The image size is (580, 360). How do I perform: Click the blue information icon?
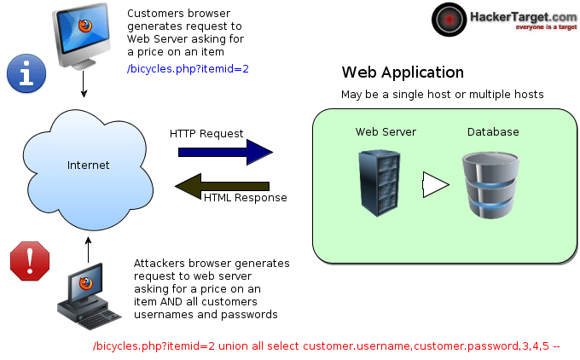(x=26, y=73)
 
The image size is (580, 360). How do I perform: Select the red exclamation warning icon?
(x=28, y=260)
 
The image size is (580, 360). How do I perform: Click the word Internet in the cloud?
(x=89, y=164)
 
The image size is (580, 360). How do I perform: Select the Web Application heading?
(x=403, y=73)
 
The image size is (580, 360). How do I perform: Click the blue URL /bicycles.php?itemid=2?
(x=188, y=68)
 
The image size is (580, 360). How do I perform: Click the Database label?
(x=493, y=132)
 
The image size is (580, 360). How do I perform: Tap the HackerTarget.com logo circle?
(x=449, y=18)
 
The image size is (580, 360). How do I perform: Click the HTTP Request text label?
(x=206, y=134)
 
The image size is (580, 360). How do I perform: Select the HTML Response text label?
(x=245, y=198)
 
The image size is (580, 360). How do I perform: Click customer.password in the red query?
(x=464, y=347)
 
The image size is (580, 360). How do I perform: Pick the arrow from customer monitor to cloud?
(x=84, y=83)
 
